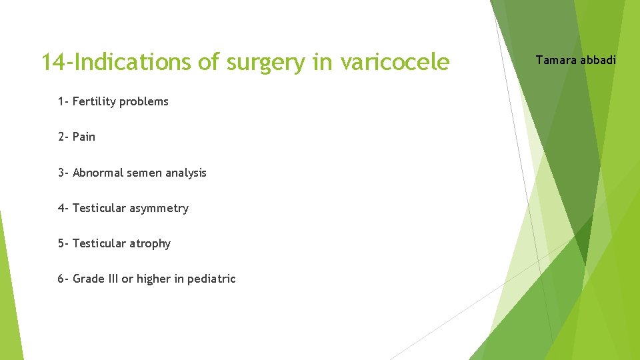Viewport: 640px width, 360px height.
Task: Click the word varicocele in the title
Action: (395, 62)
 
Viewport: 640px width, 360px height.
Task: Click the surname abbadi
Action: (599, 61)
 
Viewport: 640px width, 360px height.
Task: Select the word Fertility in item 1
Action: (95, 101)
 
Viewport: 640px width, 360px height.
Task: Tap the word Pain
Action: (84, 137)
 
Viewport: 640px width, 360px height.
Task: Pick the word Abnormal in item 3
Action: (98, 173)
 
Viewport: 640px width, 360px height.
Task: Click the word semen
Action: (145, 173)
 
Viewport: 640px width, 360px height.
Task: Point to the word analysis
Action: (186, 173)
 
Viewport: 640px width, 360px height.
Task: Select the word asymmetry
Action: (159, 208)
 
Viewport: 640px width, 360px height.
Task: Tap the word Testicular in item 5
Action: (99, 243)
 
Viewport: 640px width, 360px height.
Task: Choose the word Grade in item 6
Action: (89, 279)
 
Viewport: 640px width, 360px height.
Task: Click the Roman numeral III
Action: (113, 279)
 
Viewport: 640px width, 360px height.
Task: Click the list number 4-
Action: (63, 208)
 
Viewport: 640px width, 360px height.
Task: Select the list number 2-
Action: (63, 137)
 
